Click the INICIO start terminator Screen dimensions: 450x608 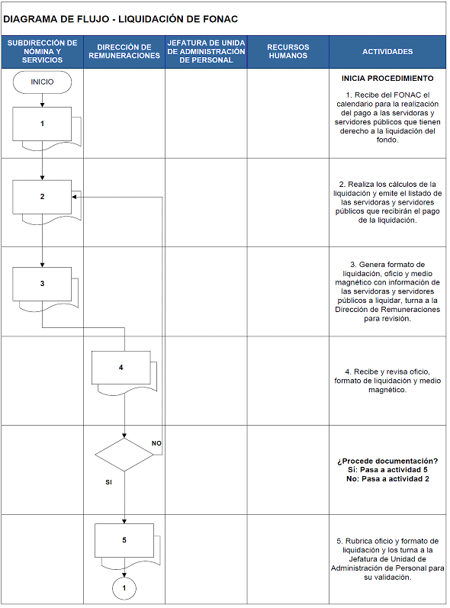pos(42,82)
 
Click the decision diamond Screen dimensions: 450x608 pos(124,455)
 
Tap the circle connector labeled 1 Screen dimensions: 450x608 pos(124,588)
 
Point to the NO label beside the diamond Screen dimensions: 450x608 pos(156,443)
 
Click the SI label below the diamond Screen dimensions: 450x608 pos(108,482)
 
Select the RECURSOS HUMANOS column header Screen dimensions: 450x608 pos(288,52)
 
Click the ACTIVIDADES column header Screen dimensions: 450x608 pos(387,52)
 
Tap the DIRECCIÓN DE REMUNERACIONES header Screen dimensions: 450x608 pos(124,52)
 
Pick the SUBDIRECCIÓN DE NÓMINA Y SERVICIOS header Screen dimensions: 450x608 pos(42,52)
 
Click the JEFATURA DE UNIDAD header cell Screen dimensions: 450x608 pos(206,52)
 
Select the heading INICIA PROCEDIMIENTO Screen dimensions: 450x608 pos(387,79)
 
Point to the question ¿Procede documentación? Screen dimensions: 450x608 pos(387,461)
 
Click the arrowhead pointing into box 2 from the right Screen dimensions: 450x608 pos(74,197)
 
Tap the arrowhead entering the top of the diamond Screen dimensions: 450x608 pos(124,436)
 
